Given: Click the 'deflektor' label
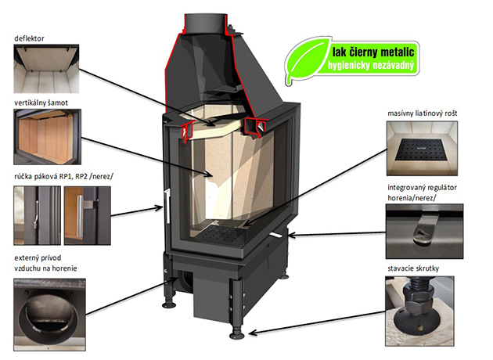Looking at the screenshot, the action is click(29, 38).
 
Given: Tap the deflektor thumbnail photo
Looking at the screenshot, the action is click(46, 69).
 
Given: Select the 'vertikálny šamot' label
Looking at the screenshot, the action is click(41, 103).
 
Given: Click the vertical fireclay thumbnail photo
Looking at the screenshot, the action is click(47, 137).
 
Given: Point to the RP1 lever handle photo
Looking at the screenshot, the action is click(37, 216).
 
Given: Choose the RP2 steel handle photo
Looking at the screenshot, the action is click(88, 216).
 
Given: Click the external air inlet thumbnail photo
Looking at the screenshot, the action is click(49, 315).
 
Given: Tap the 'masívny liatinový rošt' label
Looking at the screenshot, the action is click(423, 113).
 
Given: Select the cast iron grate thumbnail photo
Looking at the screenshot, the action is click(422, 149).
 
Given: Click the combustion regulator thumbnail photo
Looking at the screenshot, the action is click(425, 232).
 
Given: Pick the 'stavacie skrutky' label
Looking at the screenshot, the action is click(413, 268).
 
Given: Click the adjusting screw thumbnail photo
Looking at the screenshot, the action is click(419, 311).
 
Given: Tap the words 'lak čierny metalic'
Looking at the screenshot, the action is click(373, 52).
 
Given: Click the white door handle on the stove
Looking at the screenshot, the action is click(167, 206).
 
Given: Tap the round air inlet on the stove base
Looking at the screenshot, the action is click(185, 279).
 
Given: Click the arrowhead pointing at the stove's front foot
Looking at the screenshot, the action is click(253, 333).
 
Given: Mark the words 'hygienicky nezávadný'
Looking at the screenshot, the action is click(371, 66).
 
